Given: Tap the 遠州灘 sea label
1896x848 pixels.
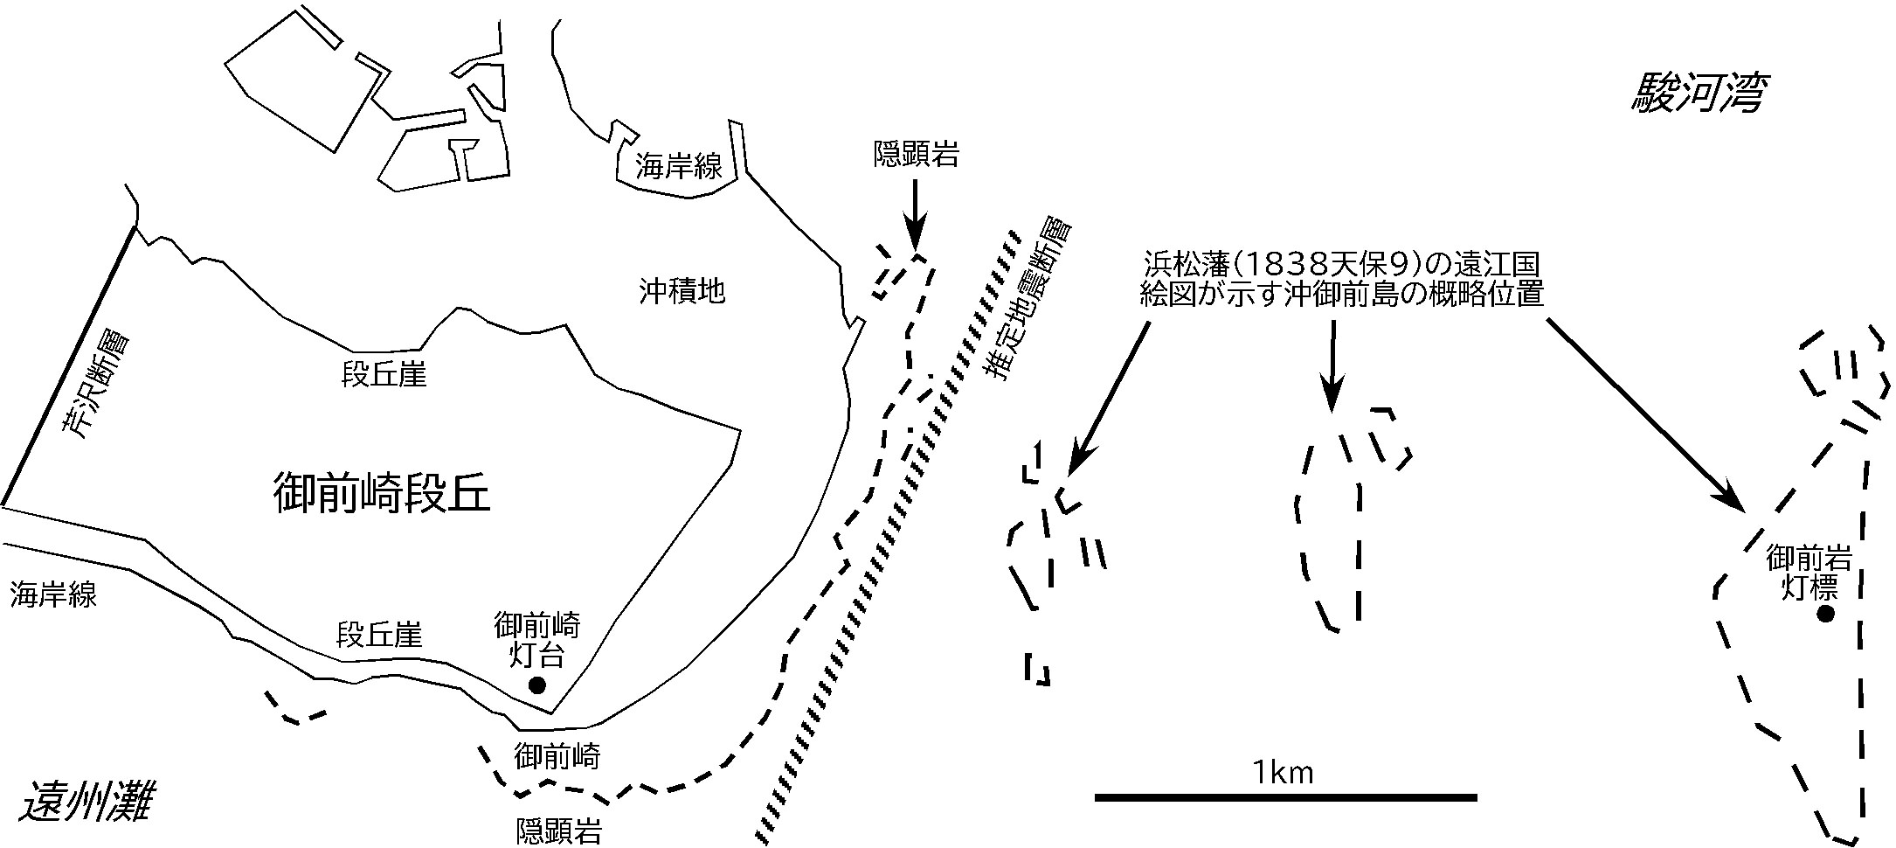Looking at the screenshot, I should click(86, 803).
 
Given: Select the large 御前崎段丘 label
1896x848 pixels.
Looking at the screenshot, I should click(381, 494).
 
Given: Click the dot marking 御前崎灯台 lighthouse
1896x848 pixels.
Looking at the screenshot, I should click(537, 685).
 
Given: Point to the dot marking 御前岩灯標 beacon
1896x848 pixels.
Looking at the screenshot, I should click(1824, 614).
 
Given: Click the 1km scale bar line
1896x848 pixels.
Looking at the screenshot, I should click(1285, 797).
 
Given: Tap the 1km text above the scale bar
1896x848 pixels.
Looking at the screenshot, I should click(1283, 772).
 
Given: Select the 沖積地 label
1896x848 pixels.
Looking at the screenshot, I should click(682, 290).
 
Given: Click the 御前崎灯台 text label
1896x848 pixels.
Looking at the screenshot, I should click(536, 640).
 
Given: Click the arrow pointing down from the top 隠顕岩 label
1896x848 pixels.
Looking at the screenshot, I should click(915, 214).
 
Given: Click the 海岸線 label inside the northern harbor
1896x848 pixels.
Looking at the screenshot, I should click(679, 166).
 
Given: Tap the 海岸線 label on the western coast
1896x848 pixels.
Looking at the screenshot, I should click(53, 595).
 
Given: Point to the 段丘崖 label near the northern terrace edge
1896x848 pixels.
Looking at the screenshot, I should click(384, 375).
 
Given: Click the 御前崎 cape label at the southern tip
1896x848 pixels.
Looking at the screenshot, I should click(557, 754).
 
